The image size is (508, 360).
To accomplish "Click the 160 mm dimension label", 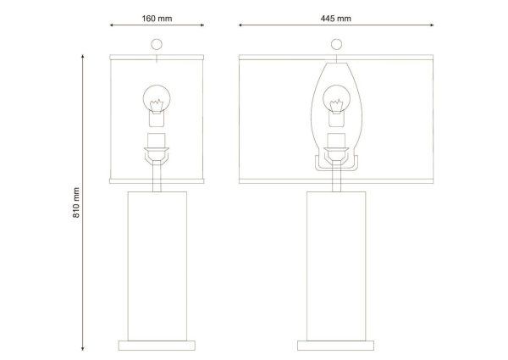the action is pos(157,19).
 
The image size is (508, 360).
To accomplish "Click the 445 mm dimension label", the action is pos(336,19).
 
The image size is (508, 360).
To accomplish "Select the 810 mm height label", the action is pos(76,202).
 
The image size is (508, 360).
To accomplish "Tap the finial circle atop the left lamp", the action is pos(157,44).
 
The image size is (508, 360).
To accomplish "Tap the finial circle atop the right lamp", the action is pos(336,44).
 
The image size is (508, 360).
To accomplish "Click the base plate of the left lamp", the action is pos(157,346).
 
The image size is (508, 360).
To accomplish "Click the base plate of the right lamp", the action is pos(335,346).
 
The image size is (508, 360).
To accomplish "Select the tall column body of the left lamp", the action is pos(157,266).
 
